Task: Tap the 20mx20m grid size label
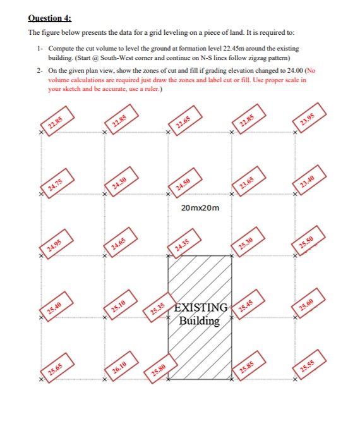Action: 200,209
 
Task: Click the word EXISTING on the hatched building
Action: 201,308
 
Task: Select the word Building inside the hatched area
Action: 199,320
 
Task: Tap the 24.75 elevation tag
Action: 56,183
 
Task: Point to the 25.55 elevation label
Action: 308,368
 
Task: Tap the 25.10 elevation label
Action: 119,307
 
